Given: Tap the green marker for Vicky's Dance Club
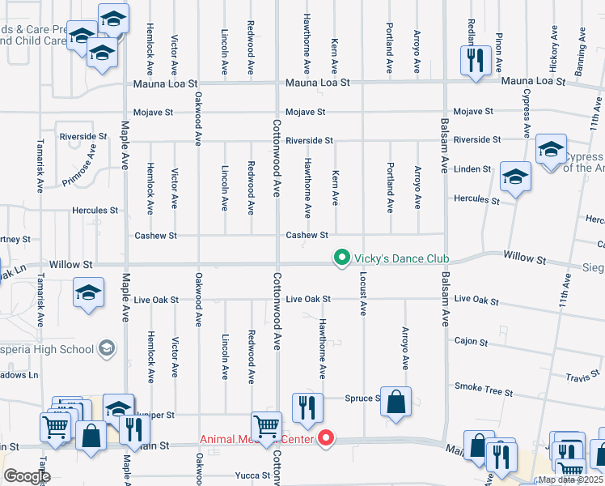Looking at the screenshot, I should pyautogui.click(x=342, y=258).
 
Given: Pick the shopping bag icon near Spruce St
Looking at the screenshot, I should pyautogui.click(x=396, y=402).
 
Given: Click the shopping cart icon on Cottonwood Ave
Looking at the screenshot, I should pyautogui.click(x=266, y=425).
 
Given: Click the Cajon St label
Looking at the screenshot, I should pyautogui.click(x=471, y=342).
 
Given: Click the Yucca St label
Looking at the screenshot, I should pyautogui.click(x=253, y=475).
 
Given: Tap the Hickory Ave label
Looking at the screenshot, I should pyautogui.click(x=555, y=45).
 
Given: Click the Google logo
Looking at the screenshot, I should pyautogui.click(x=27, y=476).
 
